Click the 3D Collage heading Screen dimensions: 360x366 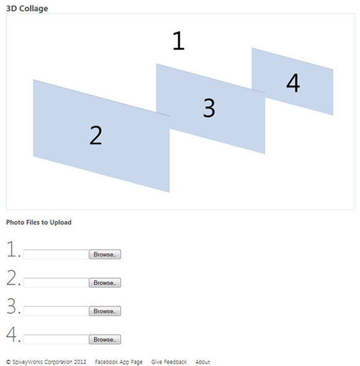[x=27, y=9]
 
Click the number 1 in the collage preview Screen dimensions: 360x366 [x=179, y=40]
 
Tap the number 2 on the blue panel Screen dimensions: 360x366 [x=96, y=135]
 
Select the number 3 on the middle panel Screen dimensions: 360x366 [x=209, y=108]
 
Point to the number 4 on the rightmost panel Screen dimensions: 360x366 [x=293, y=83]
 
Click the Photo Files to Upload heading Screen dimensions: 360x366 [x=38, y=222]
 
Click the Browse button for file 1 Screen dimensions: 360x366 [x=105, y=254]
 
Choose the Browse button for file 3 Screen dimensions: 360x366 [x=105, y=311]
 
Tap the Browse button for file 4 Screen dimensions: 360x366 [x=105, y=339]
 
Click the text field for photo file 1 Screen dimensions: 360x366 [x=56, y=254]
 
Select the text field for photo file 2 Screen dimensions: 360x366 [x=56, y=283]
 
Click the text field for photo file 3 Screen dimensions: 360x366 [x=56, y=311]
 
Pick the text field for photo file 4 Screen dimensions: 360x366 [x=56, y=339]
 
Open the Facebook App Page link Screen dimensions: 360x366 [x=119, y=362]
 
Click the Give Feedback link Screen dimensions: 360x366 [x=169, y=362]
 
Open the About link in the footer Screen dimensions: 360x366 [x=202, y=362]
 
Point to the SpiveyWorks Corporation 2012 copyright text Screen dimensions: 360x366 [x=47, y=362]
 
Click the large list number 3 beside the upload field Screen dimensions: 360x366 [x=11, y=306]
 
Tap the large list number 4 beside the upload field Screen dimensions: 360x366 [x=11, y=334]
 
